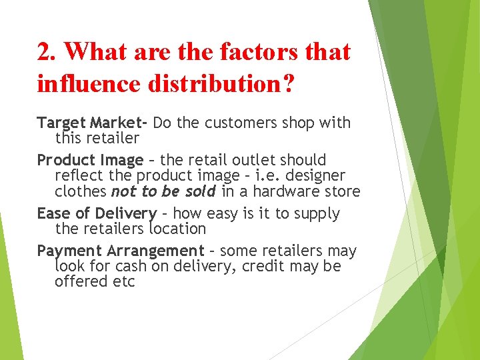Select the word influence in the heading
(92, 85)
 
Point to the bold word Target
(61, 123)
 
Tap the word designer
(315, 176)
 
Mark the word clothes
(81, 191)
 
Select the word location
(177, 229)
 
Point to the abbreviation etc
(124, 281)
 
